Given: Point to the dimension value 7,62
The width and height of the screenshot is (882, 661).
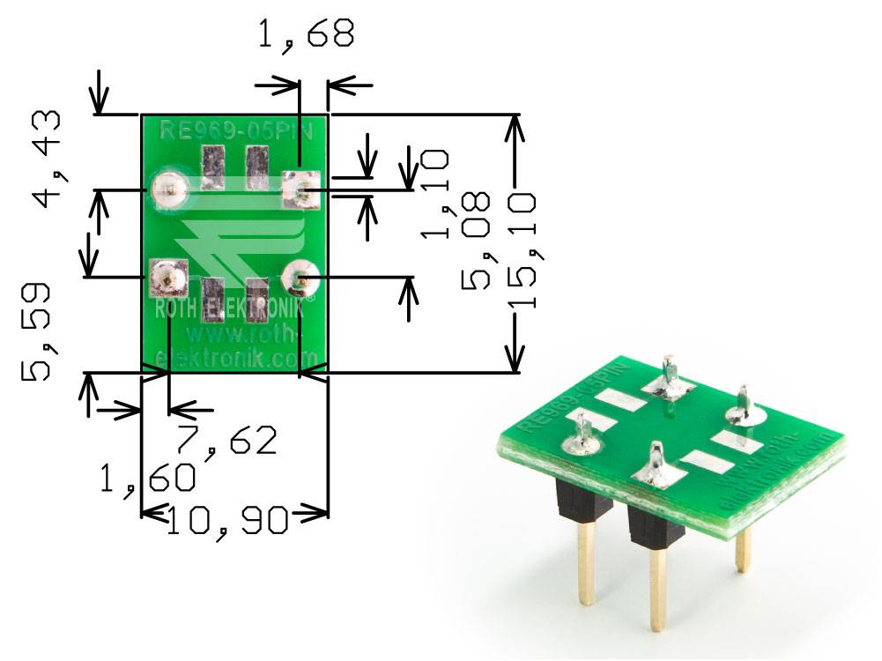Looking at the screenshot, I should pyautogui.click(x=226, y=440).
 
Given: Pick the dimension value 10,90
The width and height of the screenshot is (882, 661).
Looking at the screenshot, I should pyautogui.click(x=227, y=521).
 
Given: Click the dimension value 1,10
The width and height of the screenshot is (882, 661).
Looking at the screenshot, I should pyautogui.click(x=435, y=193).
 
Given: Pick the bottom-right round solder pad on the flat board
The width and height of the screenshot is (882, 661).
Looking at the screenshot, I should pyautogui.click(x=300, y=279).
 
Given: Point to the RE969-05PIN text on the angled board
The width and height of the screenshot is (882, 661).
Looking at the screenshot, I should pyautogui.click(x=574, y=396).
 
